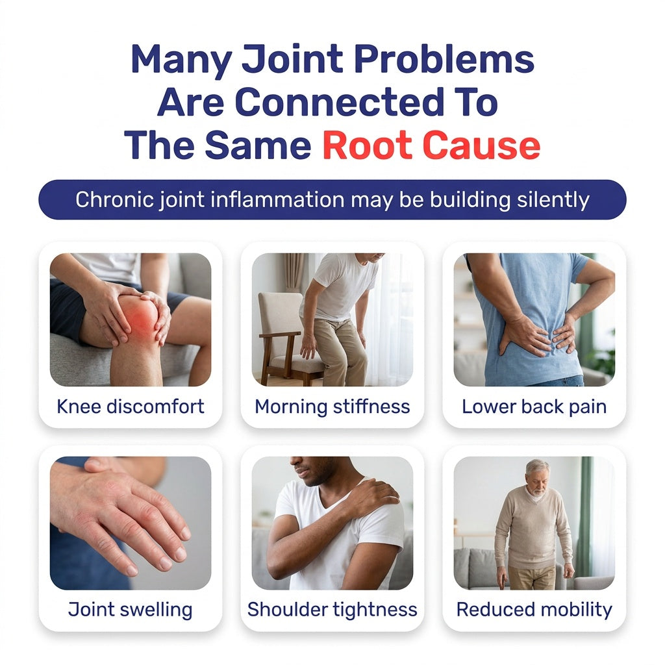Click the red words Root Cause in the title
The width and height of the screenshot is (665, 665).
(x=431, y=145)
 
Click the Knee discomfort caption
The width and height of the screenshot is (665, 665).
(x=131, y=407)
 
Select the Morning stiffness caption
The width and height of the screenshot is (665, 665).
(x=332, y=407)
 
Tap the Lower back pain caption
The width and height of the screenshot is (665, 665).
(x=534, y=407)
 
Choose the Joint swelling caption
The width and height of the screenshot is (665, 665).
(x=131, y=610)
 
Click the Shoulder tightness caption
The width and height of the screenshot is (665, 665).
(x=332, y=610)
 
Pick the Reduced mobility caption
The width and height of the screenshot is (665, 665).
(x=534, y=610)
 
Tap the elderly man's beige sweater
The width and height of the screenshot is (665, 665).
(x=533, y=529)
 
